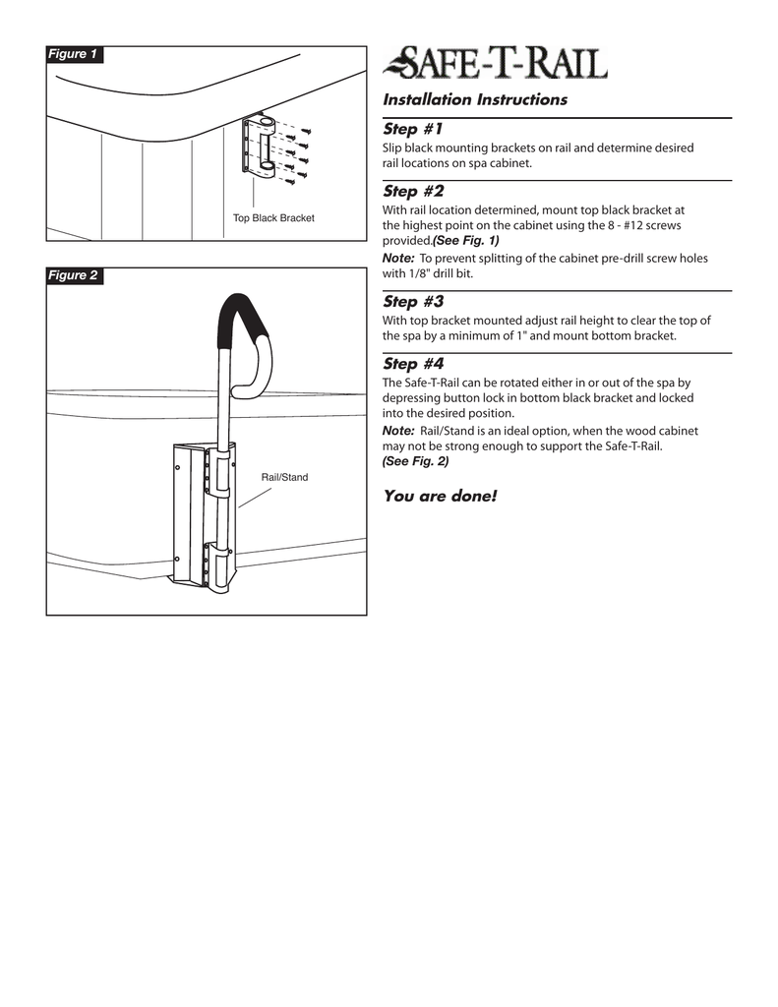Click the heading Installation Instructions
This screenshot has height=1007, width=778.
tap(475, 99)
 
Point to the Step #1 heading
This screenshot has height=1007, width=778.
tap(413, 130)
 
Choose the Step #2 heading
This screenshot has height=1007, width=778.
tap(413, 191)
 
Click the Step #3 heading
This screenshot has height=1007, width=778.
tap(413, 302)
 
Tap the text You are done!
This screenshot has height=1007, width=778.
tap(440, 496)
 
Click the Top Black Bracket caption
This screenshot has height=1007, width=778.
tap(273, 217)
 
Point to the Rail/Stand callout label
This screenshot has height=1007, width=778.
tap(284, 477)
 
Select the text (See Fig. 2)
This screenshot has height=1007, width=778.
tap(415, 461)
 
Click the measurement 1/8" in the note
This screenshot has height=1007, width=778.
tap(413, 273)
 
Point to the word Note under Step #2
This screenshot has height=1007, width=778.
tap(397, 258)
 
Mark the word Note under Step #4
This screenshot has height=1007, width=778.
tap(397, 431)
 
